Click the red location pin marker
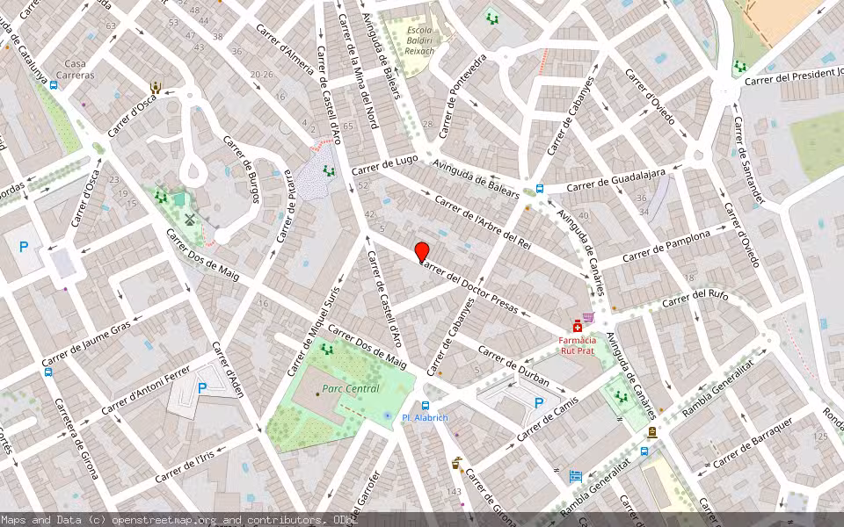(x=422, y=251)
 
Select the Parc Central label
(x=351, y=389)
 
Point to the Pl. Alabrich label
(x=425, y=418)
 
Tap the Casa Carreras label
(x=76, y=69)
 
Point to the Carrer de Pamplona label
(x=666, y=247)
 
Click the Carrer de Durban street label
(x=513, y=365)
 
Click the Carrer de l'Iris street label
(x=185, y=466)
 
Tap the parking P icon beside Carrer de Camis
(x=539, y=403)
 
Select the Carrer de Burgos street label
(x=241, y=168)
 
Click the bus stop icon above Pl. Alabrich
(x=426, y=405)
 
